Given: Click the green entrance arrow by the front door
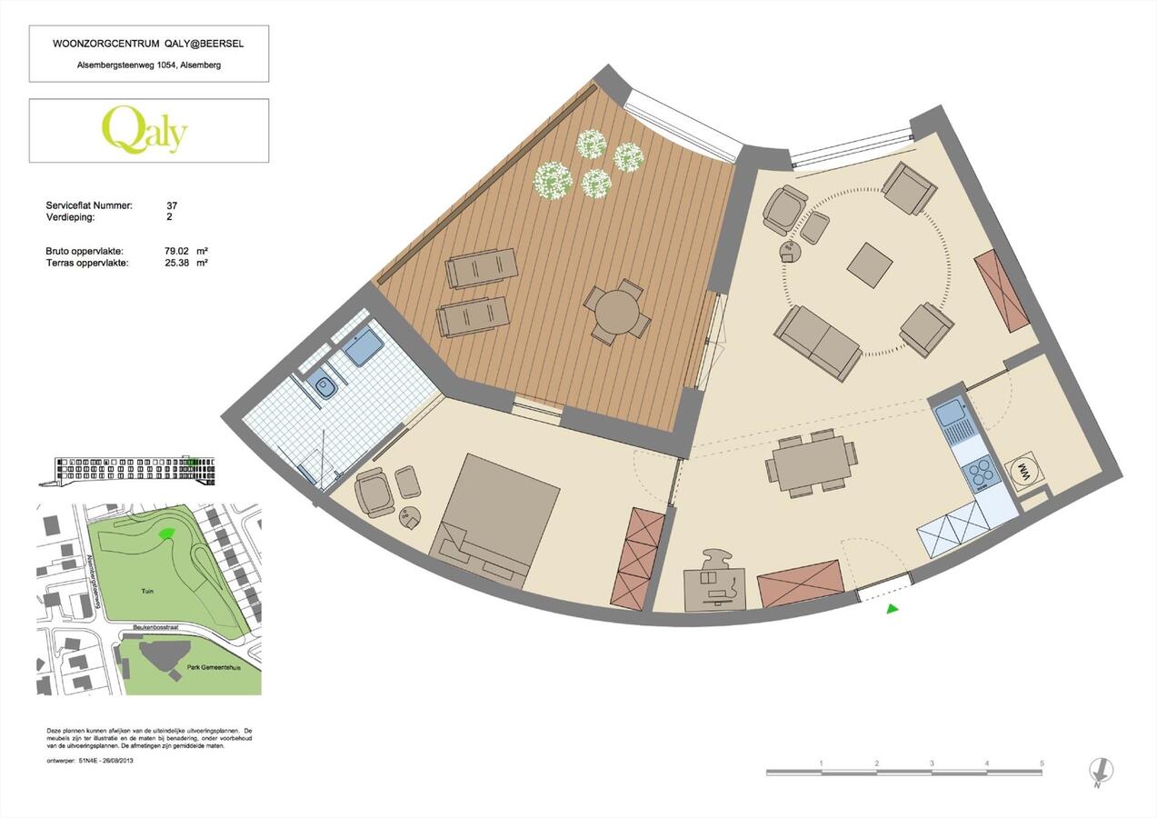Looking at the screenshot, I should pyautogui.click(x=892, y=608).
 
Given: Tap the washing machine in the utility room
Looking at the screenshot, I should pyautogui.click(x=1022, y=470).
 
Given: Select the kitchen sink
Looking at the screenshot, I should pyautogui.click(x=951, y=414).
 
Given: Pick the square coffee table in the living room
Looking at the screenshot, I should pyautogui.click(x=870, y=264).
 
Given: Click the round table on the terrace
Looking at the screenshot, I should pyautogui.click(x=617, y=312).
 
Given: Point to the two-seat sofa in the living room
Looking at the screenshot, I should pyautogui.click(x=817, y=342).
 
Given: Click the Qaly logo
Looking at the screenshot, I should pyautogui.click(x=145, y=131).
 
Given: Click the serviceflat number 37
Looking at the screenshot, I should pyautogui.click(x=172, y=206).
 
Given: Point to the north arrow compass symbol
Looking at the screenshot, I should pyautogui.click(x=1101, y=772).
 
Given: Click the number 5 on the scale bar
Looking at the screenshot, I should pyautogui.click(x=1042, y=763).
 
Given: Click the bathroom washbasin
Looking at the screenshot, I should pyautogui.click(x=323, y=387).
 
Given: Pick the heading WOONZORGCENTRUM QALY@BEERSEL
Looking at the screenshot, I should pyautogui.click(x=149, y=43).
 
